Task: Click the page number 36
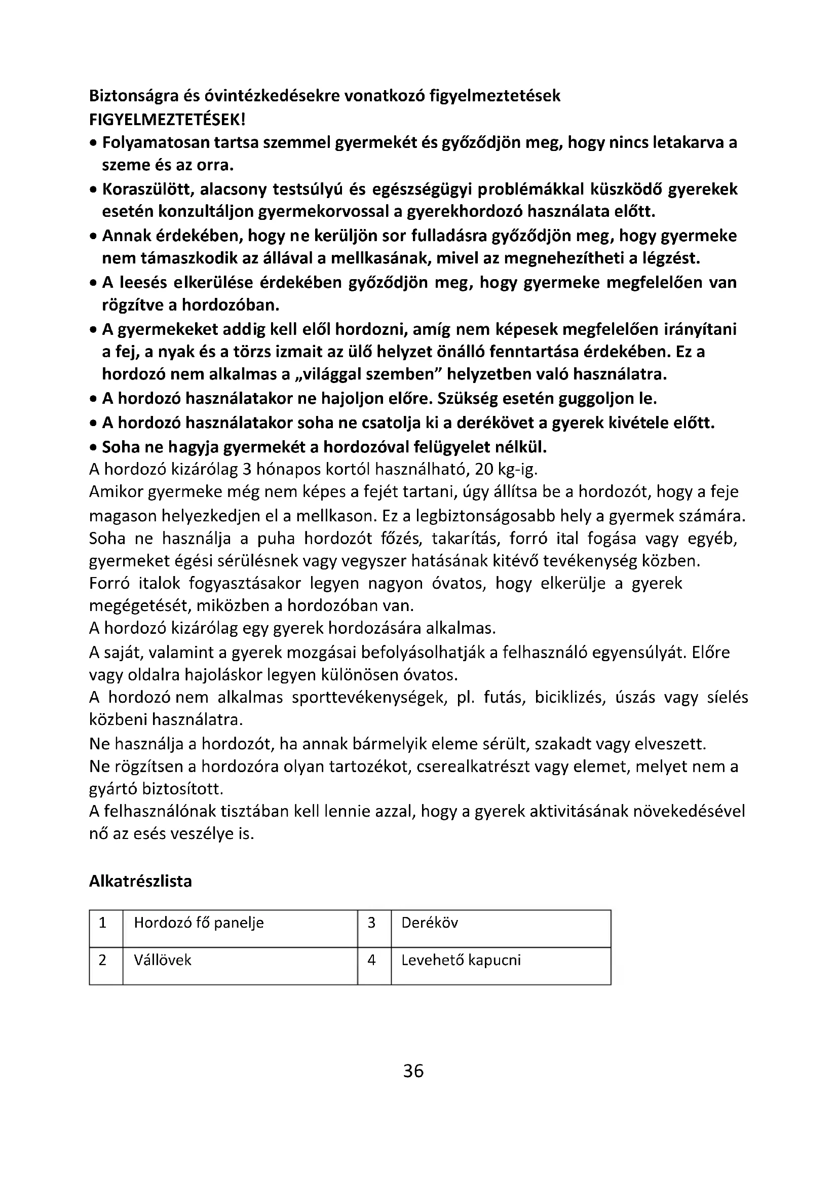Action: coord(413,1071)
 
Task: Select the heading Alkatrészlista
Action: coord(140,881)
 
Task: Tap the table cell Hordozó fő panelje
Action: coord(199,923)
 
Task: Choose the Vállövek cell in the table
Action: coord(163,960)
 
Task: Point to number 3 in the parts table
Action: coord(371,923)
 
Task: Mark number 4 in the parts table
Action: coord(371,960)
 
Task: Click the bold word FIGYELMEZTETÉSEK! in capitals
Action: coord(168,120)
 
